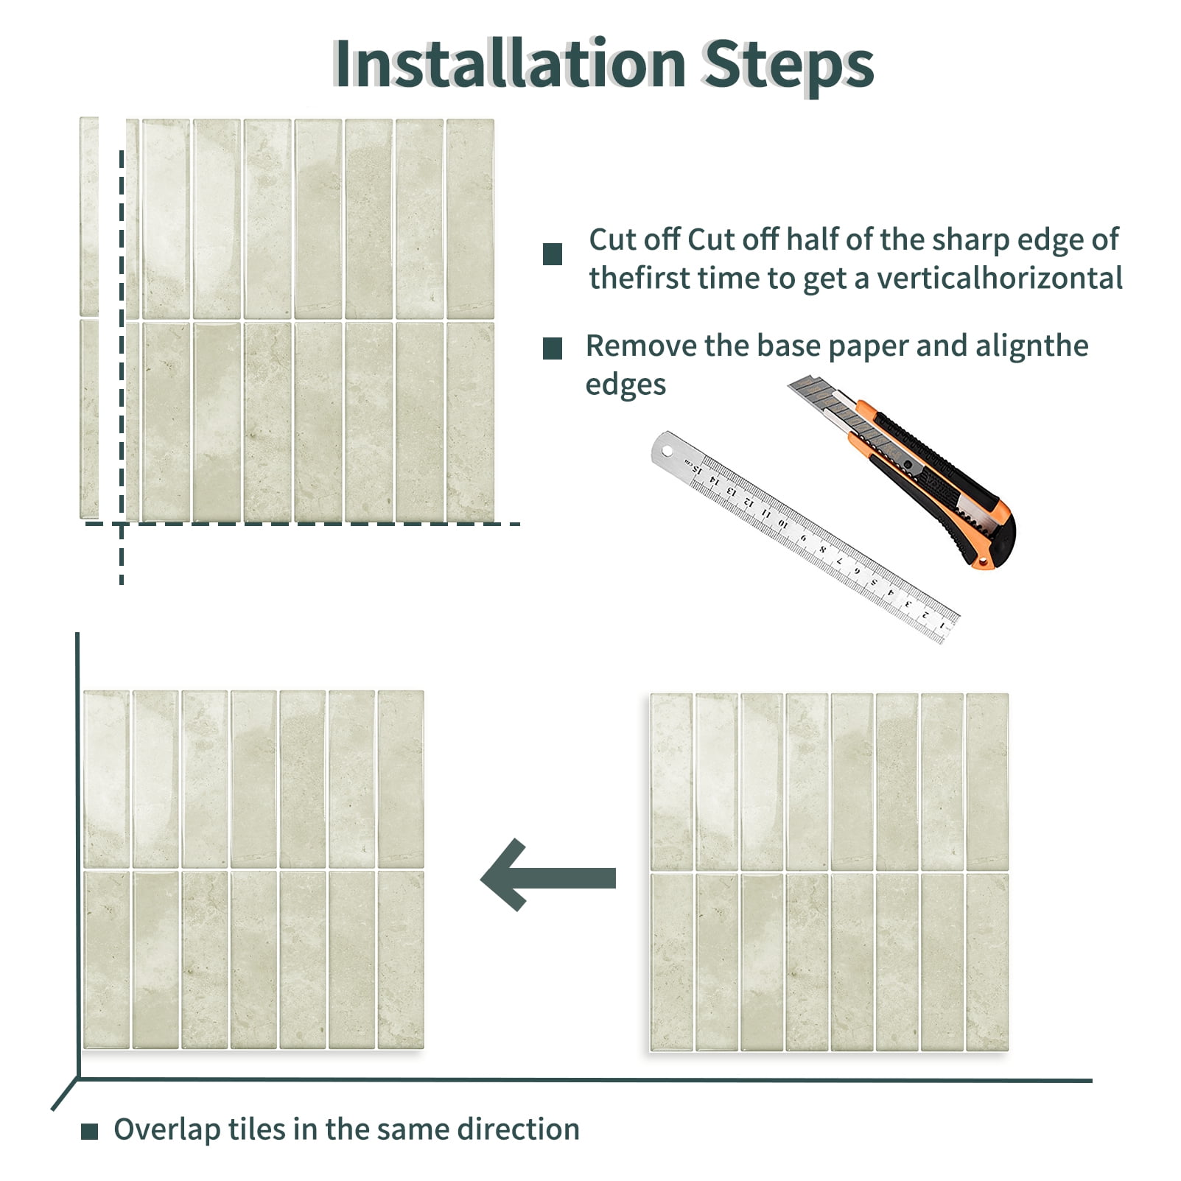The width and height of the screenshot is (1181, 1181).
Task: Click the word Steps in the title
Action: pyautogui.click(x=788, y=66)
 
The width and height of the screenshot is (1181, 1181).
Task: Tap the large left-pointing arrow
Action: pyautogui.click(x=548, y=875)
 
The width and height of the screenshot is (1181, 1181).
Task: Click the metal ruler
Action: pyautogui.click(x=805, y=536)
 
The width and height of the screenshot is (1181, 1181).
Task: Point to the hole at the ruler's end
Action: pyautogui.click(x=667, y=450)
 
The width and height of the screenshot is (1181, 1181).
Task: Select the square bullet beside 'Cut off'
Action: pyautogui.click(x=553, y=254)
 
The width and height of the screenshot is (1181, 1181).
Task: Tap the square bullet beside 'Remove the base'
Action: pyautogui.click(x=553, y=348)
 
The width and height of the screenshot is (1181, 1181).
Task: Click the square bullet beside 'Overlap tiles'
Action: pyautogui.click(x=89, y=1131)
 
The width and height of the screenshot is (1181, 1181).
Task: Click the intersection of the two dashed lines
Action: pyautogui.click(x=122, y=524)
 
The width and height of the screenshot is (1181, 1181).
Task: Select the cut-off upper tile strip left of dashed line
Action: pyautogui.click(x=89, y=216)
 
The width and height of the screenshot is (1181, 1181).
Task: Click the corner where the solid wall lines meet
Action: pyautogui.click(x=78, y=1080)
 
